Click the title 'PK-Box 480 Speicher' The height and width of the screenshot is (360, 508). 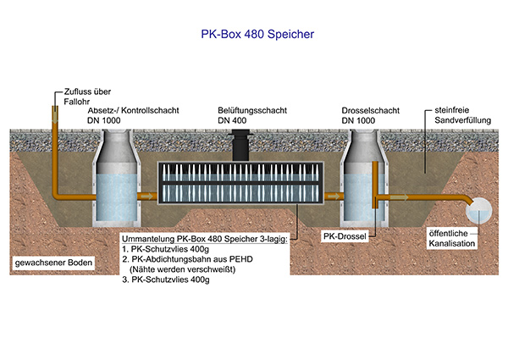tap(254, 36)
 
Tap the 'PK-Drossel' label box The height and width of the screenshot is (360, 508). tap(345, 235)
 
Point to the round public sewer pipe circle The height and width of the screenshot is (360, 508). tap(478, 209)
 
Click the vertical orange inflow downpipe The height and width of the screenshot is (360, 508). tap(53, 152)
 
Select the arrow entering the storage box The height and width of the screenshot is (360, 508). tap(150, 196)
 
